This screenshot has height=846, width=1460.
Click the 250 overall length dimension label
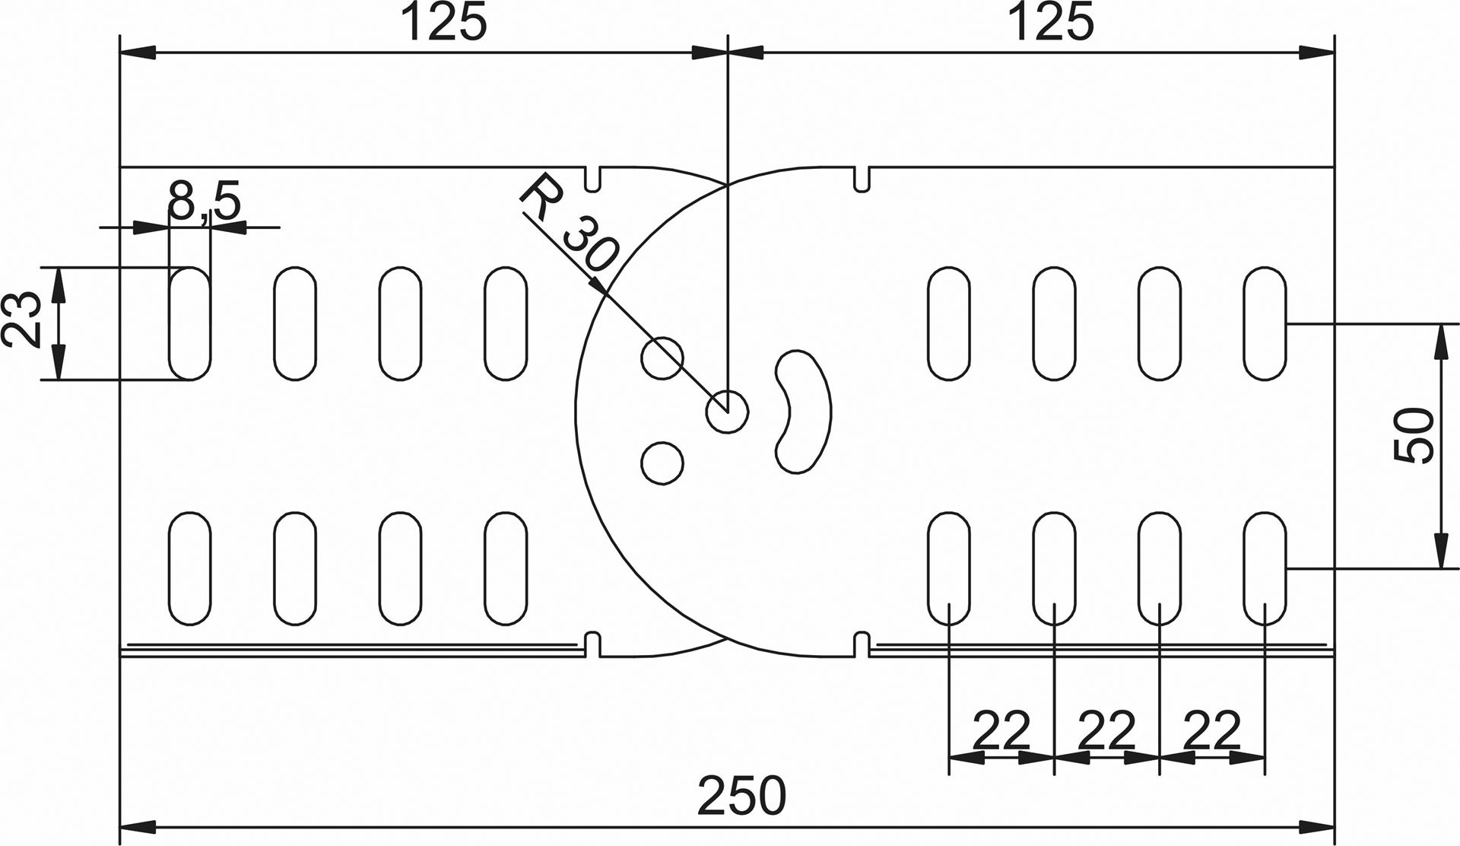click(x=741, y=796)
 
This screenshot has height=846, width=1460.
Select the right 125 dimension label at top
click(x=1051, y=23)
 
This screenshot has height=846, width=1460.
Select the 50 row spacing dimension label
click(x=1414, y=436)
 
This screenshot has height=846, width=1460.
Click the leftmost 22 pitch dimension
click(x=1001, y=730)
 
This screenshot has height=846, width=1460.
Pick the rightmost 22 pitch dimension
click(x=1212, y=730)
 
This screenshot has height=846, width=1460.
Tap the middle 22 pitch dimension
click(x=1106, y=730)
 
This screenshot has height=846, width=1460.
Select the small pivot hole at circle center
click(x=727, y=412)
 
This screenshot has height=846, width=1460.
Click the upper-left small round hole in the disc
click(x=662, y=357)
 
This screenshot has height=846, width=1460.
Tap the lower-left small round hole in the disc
click(x=662, y=462)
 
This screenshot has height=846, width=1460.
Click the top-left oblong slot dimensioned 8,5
click(x=189, y=323)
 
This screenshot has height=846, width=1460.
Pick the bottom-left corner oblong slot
click(x=189, y=568)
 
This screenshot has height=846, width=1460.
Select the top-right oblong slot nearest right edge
click(x=1265, y=323)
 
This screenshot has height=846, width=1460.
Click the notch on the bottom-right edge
click(x=861, y=644)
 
